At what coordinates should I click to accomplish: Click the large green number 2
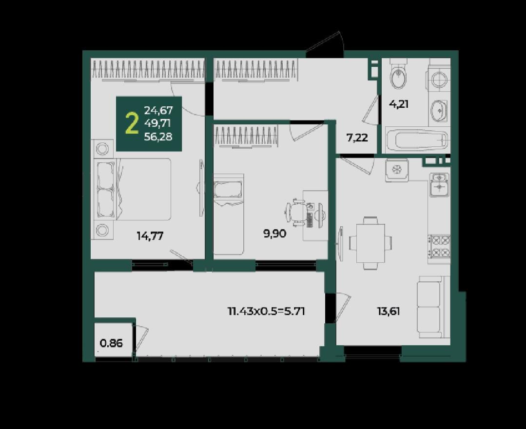pos(132,123)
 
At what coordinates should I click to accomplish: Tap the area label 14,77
pos(150,236)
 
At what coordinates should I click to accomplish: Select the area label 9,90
pos(275,234)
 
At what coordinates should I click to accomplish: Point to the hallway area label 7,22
pos(357,137)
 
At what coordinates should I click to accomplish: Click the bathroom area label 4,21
pos(399,104)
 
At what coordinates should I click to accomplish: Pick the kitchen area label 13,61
pos(389,312)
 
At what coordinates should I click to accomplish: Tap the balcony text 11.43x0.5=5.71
pos(266,312)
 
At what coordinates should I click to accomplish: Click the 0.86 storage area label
pos(111,344)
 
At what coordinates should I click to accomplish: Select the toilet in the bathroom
pos(399,74)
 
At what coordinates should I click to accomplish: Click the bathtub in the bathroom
pos(417,139)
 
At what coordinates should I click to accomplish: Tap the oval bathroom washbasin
pos(438,111)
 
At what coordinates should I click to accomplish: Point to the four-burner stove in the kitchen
pos(439,246)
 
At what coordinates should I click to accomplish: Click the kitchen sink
pos(439,184)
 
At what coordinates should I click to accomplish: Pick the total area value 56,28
pos(158,137)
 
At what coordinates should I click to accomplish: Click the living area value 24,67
pos(158,110)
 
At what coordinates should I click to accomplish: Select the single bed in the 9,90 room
pos(229,214)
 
